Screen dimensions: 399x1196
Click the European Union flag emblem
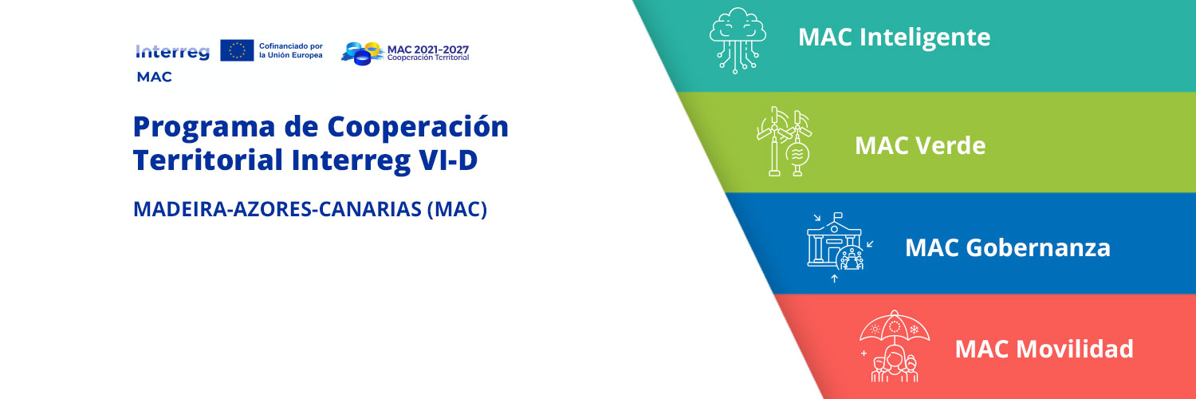237,51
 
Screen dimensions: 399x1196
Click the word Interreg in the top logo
173,52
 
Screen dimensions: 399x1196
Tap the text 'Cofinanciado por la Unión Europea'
291,51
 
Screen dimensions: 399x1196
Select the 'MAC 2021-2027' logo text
428,49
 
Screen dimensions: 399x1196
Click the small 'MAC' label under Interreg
154,77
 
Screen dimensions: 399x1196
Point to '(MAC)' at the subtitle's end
457,210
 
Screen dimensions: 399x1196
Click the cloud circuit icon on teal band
738,39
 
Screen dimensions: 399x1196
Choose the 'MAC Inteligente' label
894,37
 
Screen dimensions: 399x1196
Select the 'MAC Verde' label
919,145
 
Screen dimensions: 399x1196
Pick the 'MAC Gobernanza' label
1007,247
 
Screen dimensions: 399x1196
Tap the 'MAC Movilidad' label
1044,349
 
